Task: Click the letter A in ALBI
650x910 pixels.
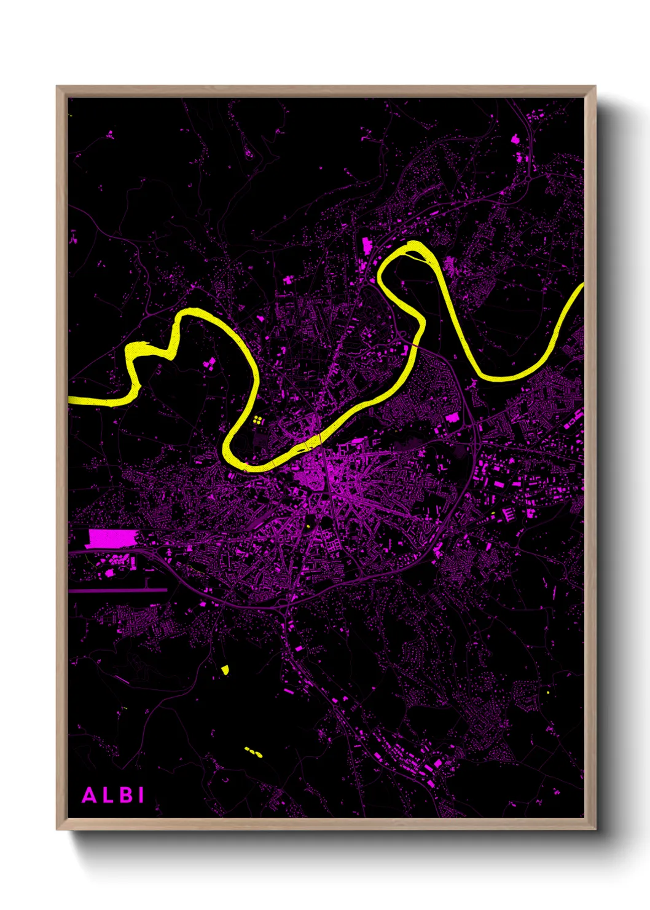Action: click(x=90, y=795)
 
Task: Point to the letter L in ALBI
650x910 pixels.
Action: click(x=108, y=795)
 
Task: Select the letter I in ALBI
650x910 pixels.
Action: click(x=141, y=795)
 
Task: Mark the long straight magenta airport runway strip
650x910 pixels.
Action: click(x=117, y=590)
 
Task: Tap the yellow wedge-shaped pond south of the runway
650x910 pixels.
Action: click(x=225, y=670)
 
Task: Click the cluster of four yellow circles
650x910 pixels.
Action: click(x=257, y=420)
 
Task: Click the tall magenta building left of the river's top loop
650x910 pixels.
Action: click(x=367, y=245)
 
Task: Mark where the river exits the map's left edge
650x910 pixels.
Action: click(x=70, y=400)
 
